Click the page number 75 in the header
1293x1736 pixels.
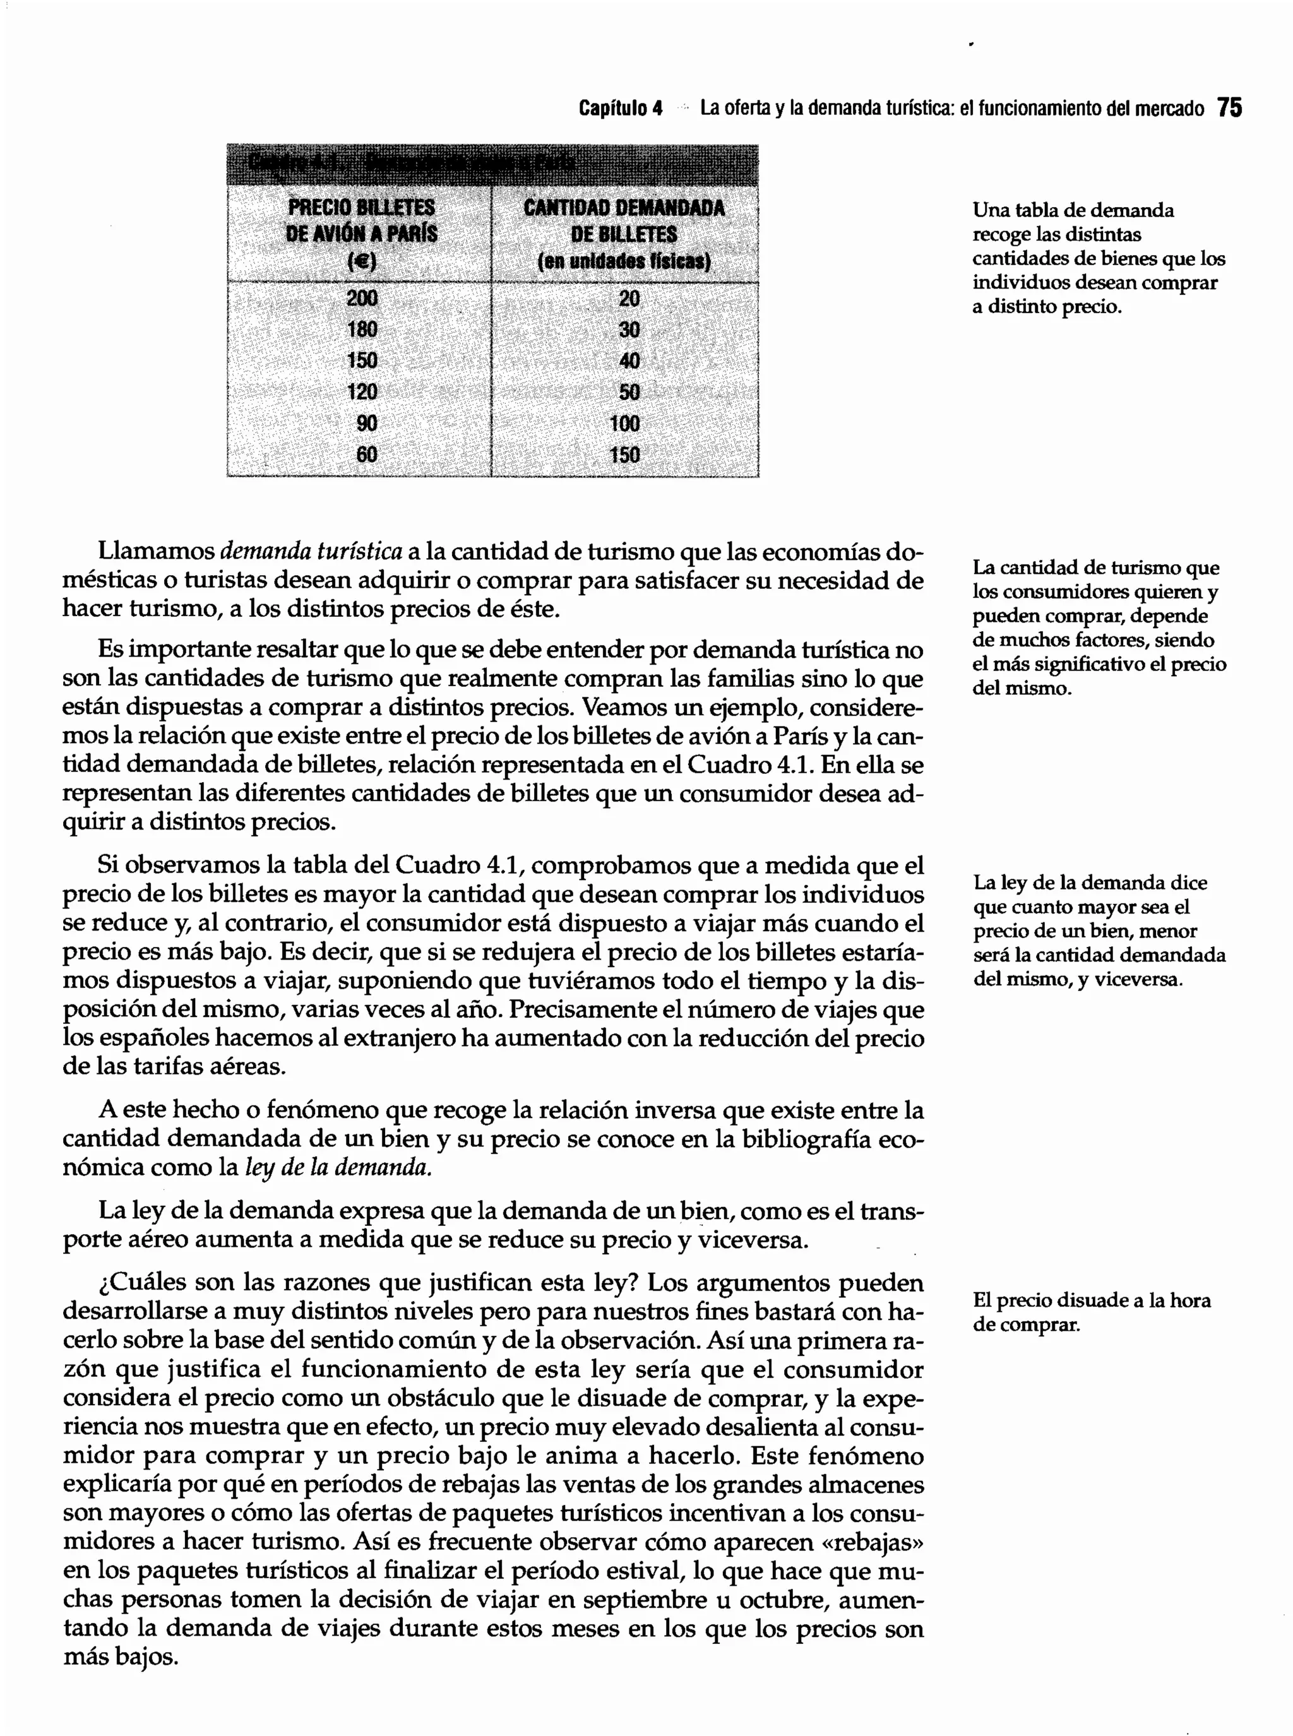1230,108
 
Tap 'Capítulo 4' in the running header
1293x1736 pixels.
620,108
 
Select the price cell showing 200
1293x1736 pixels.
362,298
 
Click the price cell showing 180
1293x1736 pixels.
362,330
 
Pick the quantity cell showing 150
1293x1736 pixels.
624,455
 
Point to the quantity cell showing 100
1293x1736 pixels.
624,424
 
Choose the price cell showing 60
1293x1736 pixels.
366,455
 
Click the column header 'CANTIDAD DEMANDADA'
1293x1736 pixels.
624,208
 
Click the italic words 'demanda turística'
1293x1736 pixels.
311,552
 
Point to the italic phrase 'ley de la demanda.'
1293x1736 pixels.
338,1168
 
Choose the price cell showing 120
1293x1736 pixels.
362,392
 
